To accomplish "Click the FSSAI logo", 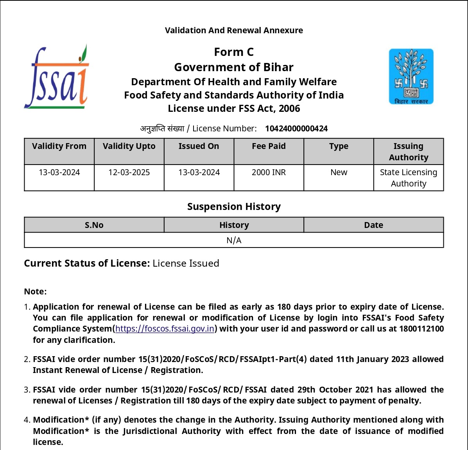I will [57, 77].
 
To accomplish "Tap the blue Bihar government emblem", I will [411, 77].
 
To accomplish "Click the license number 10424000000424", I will [296, 129].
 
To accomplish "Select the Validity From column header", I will [59, 146].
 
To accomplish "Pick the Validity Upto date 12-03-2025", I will [129, 172].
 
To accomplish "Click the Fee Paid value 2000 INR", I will [269, 172].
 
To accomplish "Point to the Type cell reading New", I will [339, 172].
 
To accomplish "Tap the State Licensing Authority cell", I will [409, 178].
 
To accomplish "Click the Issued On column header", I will [199, 146].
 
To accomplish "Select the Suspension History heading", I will [234, 206].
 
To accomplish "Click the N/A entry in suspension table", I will [234, 240].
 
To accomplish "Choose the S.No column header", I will [94, 225].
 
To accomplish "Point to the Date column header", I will [373, 225].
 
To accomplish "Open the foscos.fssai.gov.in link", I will [165, 329].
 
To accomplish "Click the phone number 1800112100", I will [421, 329].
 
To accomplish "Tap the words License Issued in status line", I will [186, 264].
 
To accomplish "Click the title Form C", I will [234, 52].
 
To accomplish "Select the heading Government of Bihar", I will [234, 67].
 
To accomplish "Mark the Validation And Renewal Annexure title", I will [234, 30].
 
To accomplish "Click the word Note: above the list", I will [35, 292].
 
